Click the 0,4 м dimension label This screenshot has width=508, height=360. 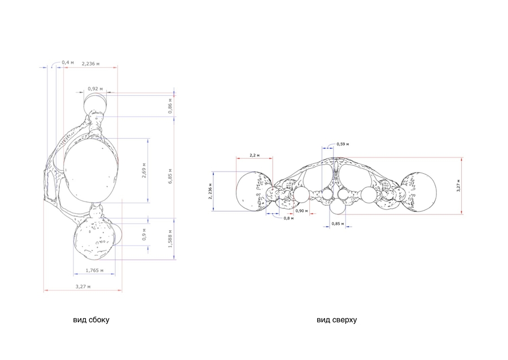pos(68,62)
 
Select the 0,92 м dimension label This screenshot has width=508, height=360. pos(95,89)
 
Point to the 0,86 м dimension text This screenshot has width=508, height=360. pos(170,106)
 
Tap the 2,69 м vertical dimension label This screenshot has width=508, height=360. pos(144,170)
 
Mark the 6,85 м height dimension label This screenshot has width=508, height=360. pos(170,176)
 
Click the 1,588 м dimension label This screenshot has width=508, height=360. pos(170,239)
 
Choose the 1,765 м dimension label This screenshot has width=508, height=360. pos(95,270)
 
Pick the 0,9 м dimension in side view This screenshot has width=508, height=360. pos(144,234)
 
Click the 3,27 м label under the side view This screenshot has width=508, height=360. pos(83,287)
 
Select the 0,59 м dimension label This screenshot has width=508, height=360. pos(343,144)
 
